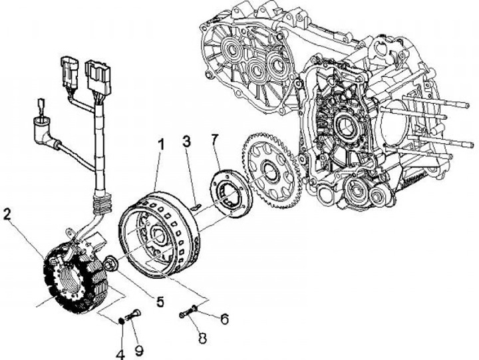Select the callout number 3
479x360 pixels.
(187, 141)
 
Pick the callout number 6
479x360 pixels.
(224, 319)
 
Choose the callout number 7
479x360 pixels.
(214, 140)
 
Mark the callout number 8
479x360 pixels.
(202, 337)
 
